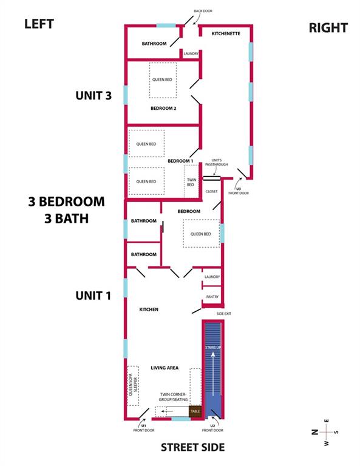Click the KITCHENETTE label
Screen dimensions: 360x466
(x=226, y=33)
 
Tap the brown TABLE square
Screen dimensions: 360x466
(x=195, y=411)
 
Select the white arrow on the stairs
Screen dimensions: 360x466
(x=213, y=374)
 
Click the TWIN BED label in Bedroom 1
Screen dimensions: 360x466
(x=191, y=182)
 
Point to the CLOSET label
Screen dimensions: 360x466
(x=212, y=191)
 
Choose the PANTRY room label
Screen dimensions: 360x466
(x=212, y=297)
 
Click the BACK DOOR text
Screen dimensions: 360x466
(x=203, y=11)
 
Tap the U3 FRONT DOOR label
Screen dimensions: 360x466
(x=239, y=191)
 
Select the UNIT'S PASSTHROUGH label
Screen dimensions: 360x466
(x=216, y=162)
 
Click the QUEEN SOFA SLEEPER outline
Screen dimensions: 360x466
(x=133, y=386)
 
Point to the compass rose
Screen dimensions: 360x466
(x=326, y=432)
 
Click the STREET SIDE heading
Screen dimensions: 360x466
(x=192, y=447)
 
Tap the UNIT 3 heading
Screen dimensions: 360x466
(x=93, y=96)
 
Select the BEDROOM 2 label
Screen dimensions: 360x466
(x=163, y=109)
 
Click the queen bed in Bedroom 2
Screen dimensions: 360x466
(x=163, y=80)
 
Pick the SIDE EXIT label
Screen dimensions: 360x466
(x=224, y=314)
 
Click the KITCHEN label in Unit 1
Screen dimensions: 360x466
(x=149, y=309)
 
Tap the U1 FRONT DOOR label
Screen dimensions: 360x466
(x=144, y=428)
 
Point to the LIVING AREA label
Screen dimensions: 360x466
(x=165, y=368)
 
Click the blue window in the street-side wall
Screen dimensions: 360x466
(x=181, y=419)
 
